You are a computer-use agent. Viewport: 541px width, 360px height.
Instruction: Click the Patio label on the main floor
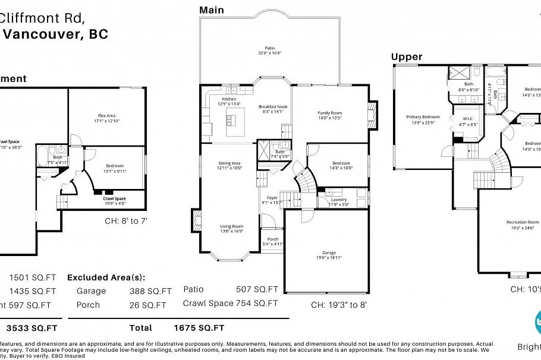pos(270,48)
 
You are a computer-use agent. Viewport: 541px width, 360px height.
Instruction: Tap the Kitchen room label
pos(229,99)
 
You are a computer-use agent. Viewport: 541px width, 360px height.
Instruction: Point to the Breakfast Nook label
pos(273,107)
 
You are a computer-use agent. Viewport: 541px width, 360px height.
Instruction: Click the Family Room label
pos(331,113)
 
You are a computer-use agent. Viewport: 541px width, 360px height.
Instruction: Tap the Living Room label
pos(232,226)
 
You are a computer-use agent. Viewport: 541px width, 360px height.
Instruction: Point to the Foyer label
pos(272,198)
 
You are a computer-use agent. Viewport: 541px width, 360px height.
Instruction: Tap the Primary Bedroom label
pos(423,117)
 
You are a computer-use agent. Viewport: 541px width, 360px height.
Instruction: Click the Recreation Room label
pos(523,222)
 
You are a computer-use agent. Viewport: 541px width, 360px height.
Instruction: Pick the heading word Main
pos(212,10)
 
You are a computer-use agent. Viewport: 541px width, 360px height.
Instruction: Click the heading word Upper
pos(407,57)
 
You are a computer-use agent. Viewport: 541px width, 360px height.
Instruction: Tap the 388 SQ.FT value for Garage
pos(150,291)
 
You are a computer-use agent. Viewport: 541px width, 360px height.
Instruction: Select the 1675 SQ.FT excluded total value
pos(199,327)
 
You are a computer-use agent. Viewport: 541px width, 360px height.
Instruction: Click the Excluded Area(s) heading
pos(106,277)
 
